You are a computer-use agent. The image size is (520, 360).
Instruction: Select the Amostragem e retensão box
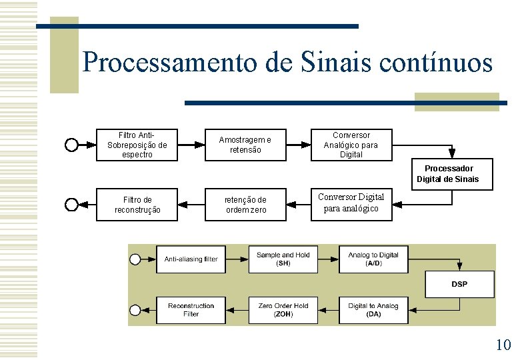pos(245,145)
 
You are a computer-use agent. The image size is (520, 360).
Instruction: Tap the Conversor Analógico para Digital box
pos(351,145)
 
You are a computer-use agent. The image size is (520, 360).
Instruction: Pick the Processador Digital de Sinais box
pos(447,174)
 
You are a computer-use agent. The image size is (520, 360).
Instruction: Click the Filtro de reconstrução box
pos(137,205)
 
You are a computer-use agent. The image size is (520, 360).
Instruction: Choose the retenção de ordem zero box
pos(245,205)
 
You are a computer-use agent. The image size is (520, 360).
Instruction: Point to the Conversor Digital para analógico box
pos(351,203)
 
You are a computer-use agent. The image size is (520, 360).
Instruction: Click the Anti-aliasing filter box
pos(191,259)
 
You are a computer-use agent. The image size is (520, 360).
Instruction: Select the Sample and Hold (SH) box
pos(283,259)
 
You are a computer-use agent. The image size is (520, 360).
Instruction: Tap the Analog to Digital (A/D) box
pos(373,259)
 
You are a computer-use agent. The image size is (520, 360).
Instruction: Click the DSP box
pos(459,284)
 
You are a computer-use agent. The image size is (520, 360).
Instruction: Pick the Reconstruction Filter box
pos(191,309)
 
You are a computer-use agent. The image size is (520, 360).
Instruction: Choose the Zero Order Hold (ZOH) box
pos(283,309)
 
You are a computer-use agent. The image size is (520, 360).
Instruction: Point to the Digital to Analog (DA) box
pos(373,309)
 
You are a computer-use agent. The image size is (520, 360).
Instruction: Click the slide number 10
pos(503,345)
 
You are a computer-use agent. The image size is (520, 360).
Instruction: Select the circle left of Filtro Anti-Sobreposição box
pos(71,145)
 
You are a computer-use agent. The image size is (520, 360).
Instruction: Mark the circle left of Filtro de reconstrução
pos(71,205)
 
